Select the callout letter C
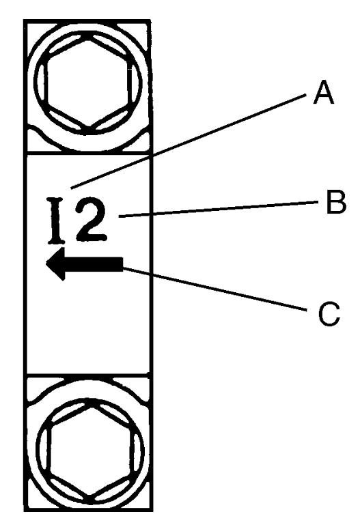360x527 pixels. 329,314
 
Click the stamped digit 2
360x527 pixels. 90,220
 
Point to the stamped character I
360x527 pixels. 57,220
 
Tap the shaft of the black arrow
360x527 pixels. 94,264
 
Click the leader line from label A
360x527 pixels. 189,141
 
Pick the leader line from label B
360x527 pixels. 219,209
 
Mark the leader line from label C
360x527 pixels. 214,288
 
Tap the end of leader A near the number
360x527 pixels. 72,188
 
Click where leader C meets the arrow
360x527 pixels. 123,268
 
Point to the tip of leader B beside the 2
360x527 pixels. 120,217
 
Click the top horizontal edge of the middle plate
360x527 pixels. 88,154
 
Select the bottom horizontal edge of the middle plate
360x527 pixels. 88,373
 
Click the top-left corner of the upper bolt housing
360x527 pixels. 25,21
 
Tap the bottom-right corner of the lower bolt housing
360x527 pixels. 152,510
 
